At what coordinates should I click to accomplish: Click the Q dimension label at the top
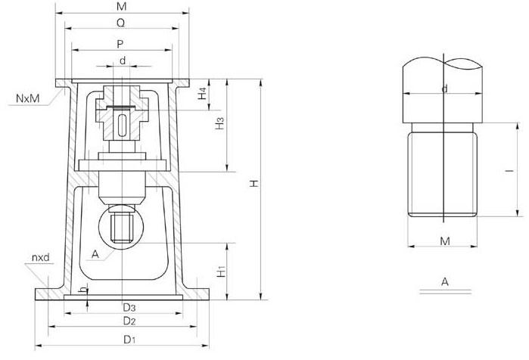(x=120, y=23)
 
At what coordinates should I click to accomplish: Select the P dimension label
(x=120, y=44)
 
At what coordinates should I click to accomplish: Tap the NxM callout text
(x=28, y=98)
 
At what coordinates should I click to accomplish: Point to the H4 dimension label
(x=202, y=93)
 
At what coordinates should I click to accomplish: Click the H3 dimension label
(x=219, y=123)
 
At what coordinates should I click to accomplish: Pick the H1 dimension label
(x=221, y=272)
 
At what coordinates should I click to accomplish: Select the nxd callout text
(x=40, y=258)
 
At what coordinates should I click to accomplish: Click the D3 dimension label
(x=129, y=307)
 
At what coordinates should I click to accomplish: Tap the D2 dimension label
(x=129, y=321)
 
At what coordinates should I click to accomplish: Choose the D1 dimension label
(x=129, y=339)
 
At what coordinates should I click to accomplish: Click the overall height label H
(x=254, y=183)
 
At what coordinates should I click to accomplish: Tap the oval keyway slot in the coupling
(x=123, y=125)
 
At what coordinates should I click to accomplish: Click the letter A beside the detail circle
(x=95, y=254)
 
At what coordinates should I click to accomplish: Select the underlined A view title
(x=445, y=281)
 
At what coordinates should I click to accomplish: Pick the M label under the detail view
(x=445, y=241)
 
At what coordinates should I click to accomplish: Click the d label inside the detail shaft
(x=445, y=88)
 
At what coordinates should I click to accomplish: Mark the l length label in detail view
(x=509, y=171)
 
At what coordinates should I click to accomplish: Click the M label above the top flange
(x=121, y=6)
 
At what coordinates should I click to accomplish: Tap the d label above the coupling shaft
(x=123, y=61)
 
